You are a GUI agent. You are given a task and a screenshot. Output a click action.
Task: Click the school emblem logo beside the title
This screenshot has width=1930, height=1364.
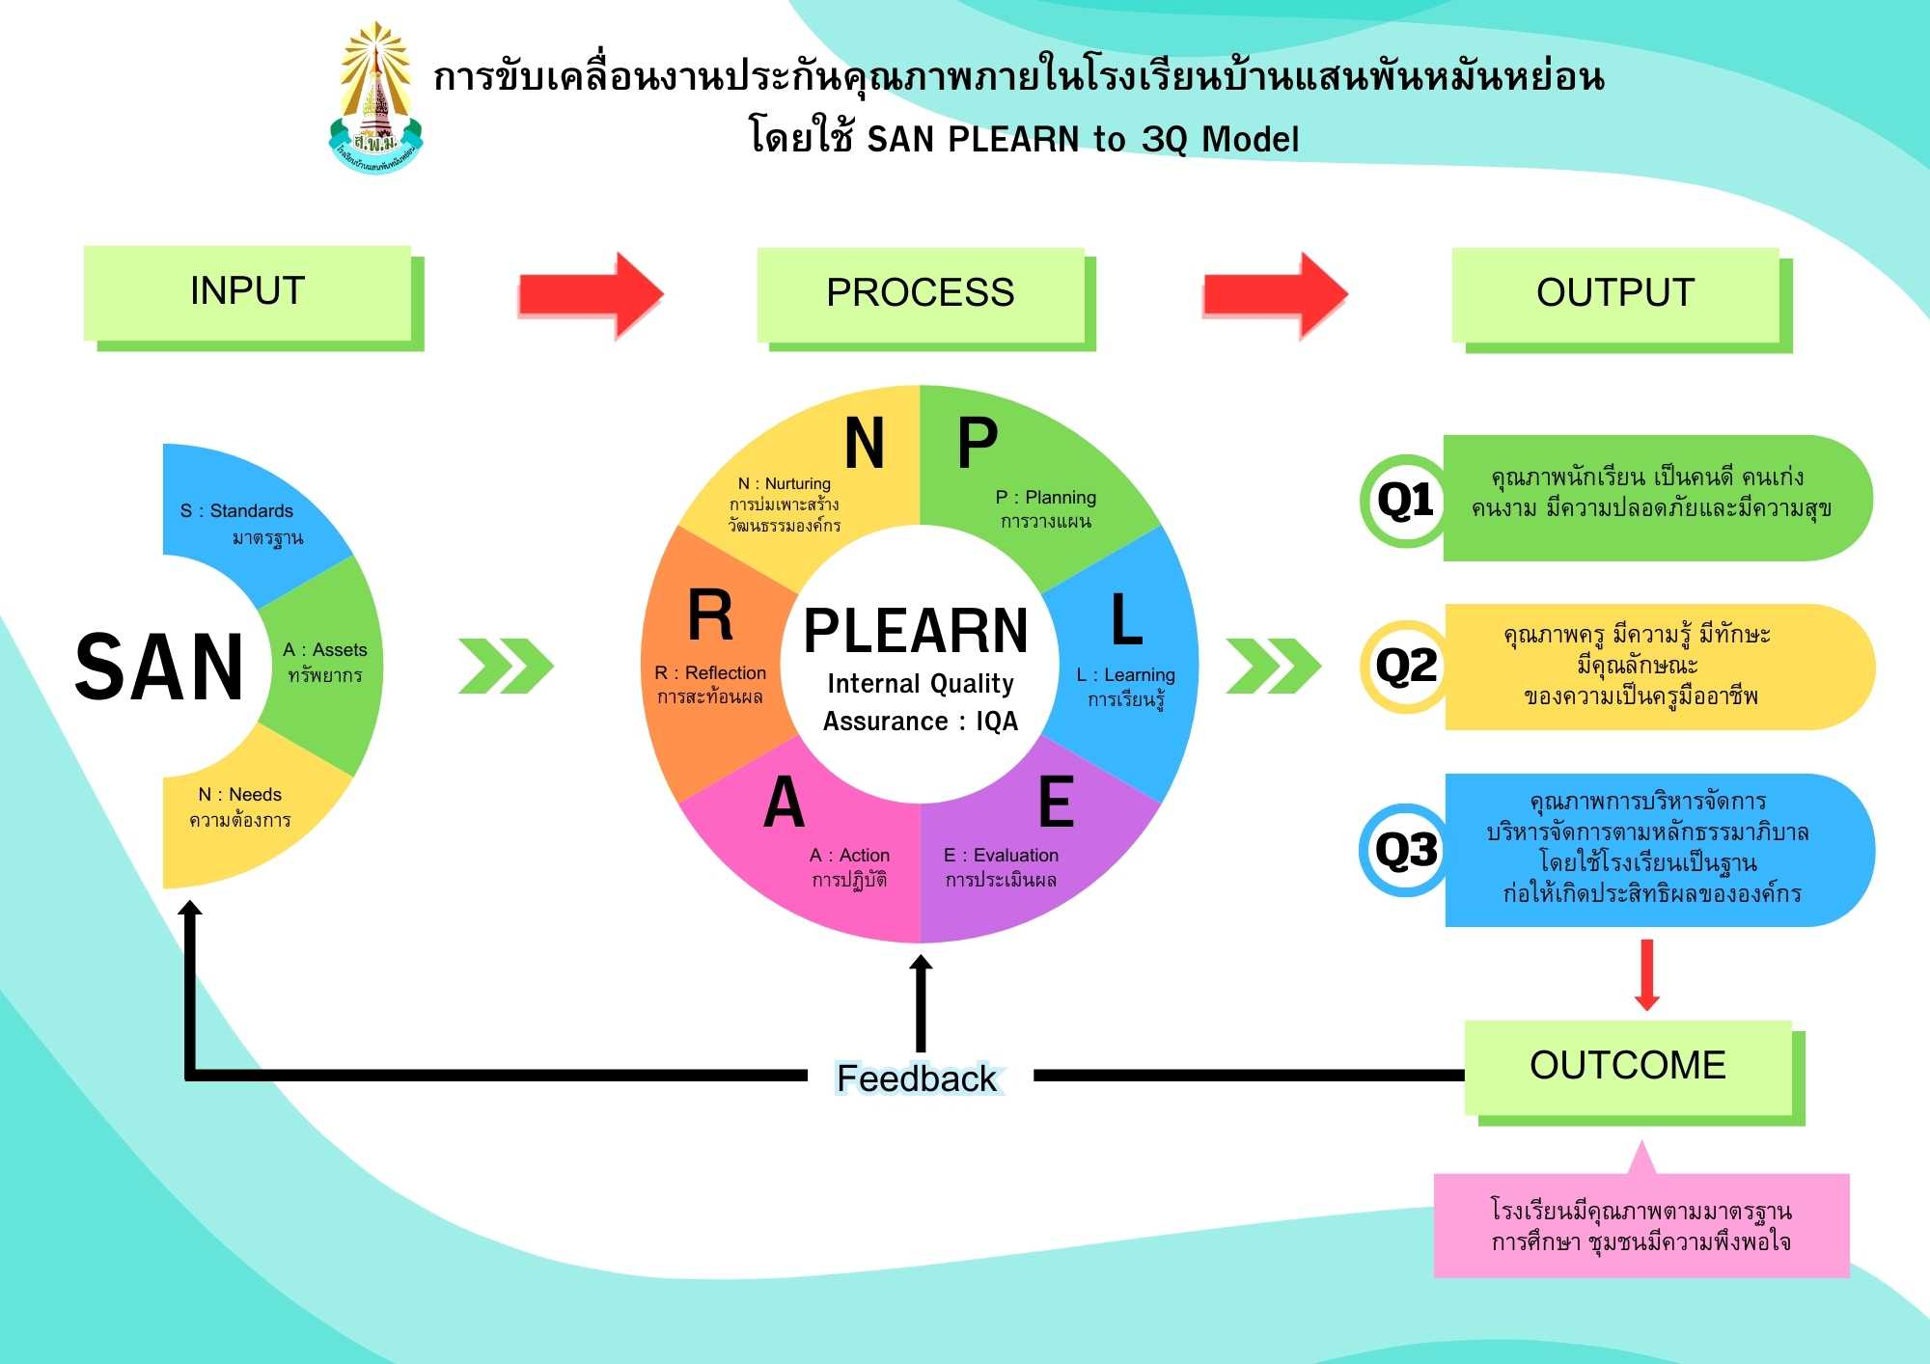click(x=376, y=99)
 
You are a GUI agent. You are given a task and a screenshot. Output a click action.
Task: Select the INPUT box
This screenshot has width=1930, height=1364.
click(x=248, y=292)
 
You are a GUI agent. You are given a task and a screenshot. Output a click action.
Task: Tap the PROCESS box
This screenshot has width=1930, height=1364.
click(x=921, y=294)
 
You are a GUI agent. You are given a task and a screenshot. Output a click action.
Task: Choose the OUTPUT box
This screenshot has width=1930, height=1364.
click(x=1616, y=294)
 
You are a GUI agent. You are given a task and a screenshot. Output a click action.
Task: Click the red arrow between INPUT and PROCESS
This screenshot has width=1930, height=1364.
click(x=591, y=295)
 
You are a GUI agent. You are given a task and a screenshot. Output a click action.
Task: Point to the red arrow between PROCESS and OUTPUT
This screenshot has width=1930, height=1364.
click(x=1275, y=295)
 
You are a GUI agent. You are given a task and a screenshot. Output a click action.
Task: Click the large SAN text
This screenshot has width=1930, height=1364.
click(x=160, y=668)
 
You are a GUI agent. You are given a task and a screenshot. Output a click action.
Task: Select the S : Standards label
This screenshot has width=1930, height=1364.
click(x=236, y=511)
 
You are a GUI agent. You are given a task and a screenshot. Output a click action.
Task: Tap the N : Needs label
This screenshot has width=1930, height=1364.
click(x=240, y=795)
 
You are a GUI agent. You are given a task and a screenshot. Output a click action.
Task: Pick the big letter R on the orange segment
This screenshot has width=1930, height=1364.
click(x=710, y=615)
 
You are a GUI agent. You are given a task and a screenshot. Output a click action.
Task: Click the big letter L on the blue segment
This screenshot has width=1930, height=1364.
click(x=1126, y=619)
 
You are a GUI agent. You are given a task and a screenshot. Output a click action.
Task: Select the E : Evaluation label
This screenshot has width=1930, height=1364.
click(x=1001, y=856)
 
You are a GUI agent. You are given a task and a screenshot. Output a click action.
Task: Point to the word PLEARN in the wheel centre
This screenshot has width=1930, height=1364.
click(x=916, y=631)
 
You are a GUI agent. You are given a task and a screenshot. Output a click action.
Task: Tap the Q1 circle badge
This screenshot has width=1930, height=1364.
click(x=1406, y=501)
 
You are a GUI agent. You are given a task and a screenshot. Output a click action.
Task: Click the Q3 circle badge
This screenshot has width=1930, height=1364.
click(x=1406, y=851)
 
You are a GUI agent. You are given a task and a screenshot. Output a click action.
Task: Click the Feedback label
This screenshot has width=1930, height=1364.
click(x=917, y=1078)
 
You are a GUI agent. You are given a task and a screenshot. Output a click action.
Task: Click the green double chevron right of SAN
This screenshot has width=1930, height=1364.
click(x=506, y=666)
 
